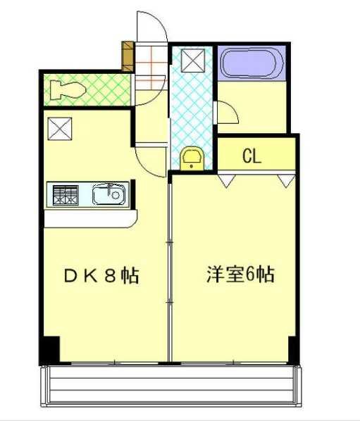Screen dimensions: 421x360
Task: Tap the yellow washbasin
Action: (x=191, y=159)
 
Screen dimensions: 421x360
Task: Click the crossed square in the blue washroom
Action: (x=192, y=61)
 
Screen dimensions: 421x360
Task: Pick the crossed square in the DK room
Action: (x=57, y=129)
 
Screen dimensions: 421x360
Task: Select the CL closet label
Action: (x=252, y=156)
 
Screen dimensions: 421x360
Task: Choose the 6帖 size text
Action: (x=261, y=274)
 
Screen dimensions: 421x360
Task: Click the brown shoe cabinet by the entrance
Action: (x=128, y=56)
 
